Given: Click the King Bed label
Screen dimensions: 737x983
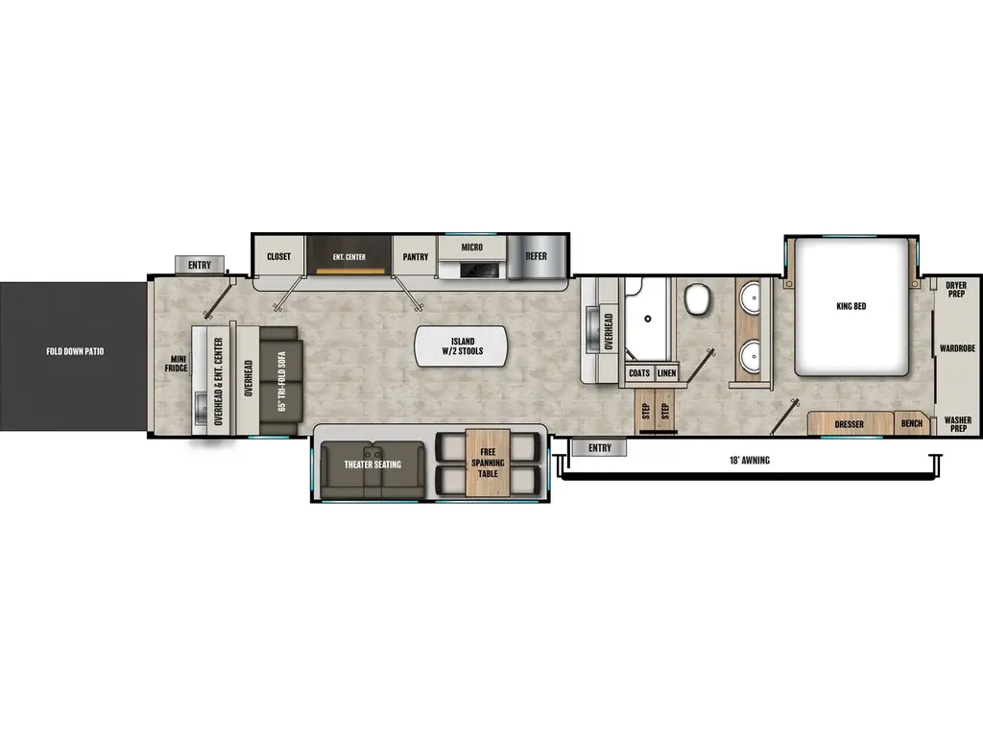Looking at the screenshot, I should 851,306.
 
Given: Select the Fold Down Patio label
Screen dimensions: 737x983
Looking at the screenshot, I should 74,351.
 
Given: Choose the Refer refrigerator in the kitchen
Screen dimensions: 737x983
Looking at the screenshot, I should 536,256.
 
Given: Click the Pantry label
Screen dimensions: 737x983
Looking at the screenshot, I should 416,257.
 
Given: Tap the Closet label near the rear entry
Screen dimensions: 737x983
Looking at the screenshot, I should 278,257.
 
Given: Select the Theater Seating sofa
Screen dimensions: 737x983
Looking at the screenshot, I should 372,464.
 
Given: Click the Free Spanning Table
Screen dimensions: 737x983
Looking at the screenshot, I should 488,464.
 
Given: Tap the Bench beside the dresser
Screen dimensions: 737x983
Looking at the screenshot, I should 910,422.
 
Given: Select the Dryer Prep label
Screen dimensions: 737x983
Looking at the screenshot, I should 956,290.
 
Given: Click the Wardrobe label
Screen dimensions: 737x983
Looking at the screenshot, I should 957,348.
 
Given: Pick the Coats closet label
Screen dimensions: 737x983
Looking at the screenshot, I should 639,372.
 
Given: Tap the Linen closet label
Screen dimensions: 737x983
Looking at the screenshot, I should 667,372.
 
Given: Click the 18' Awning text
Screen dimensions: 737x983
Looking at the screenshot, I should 749,461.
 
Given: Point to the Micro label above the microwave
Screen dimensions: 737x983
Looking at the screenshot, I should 471,248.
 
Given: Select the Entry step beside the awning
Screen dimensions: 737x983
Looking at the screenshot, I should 599,447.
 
